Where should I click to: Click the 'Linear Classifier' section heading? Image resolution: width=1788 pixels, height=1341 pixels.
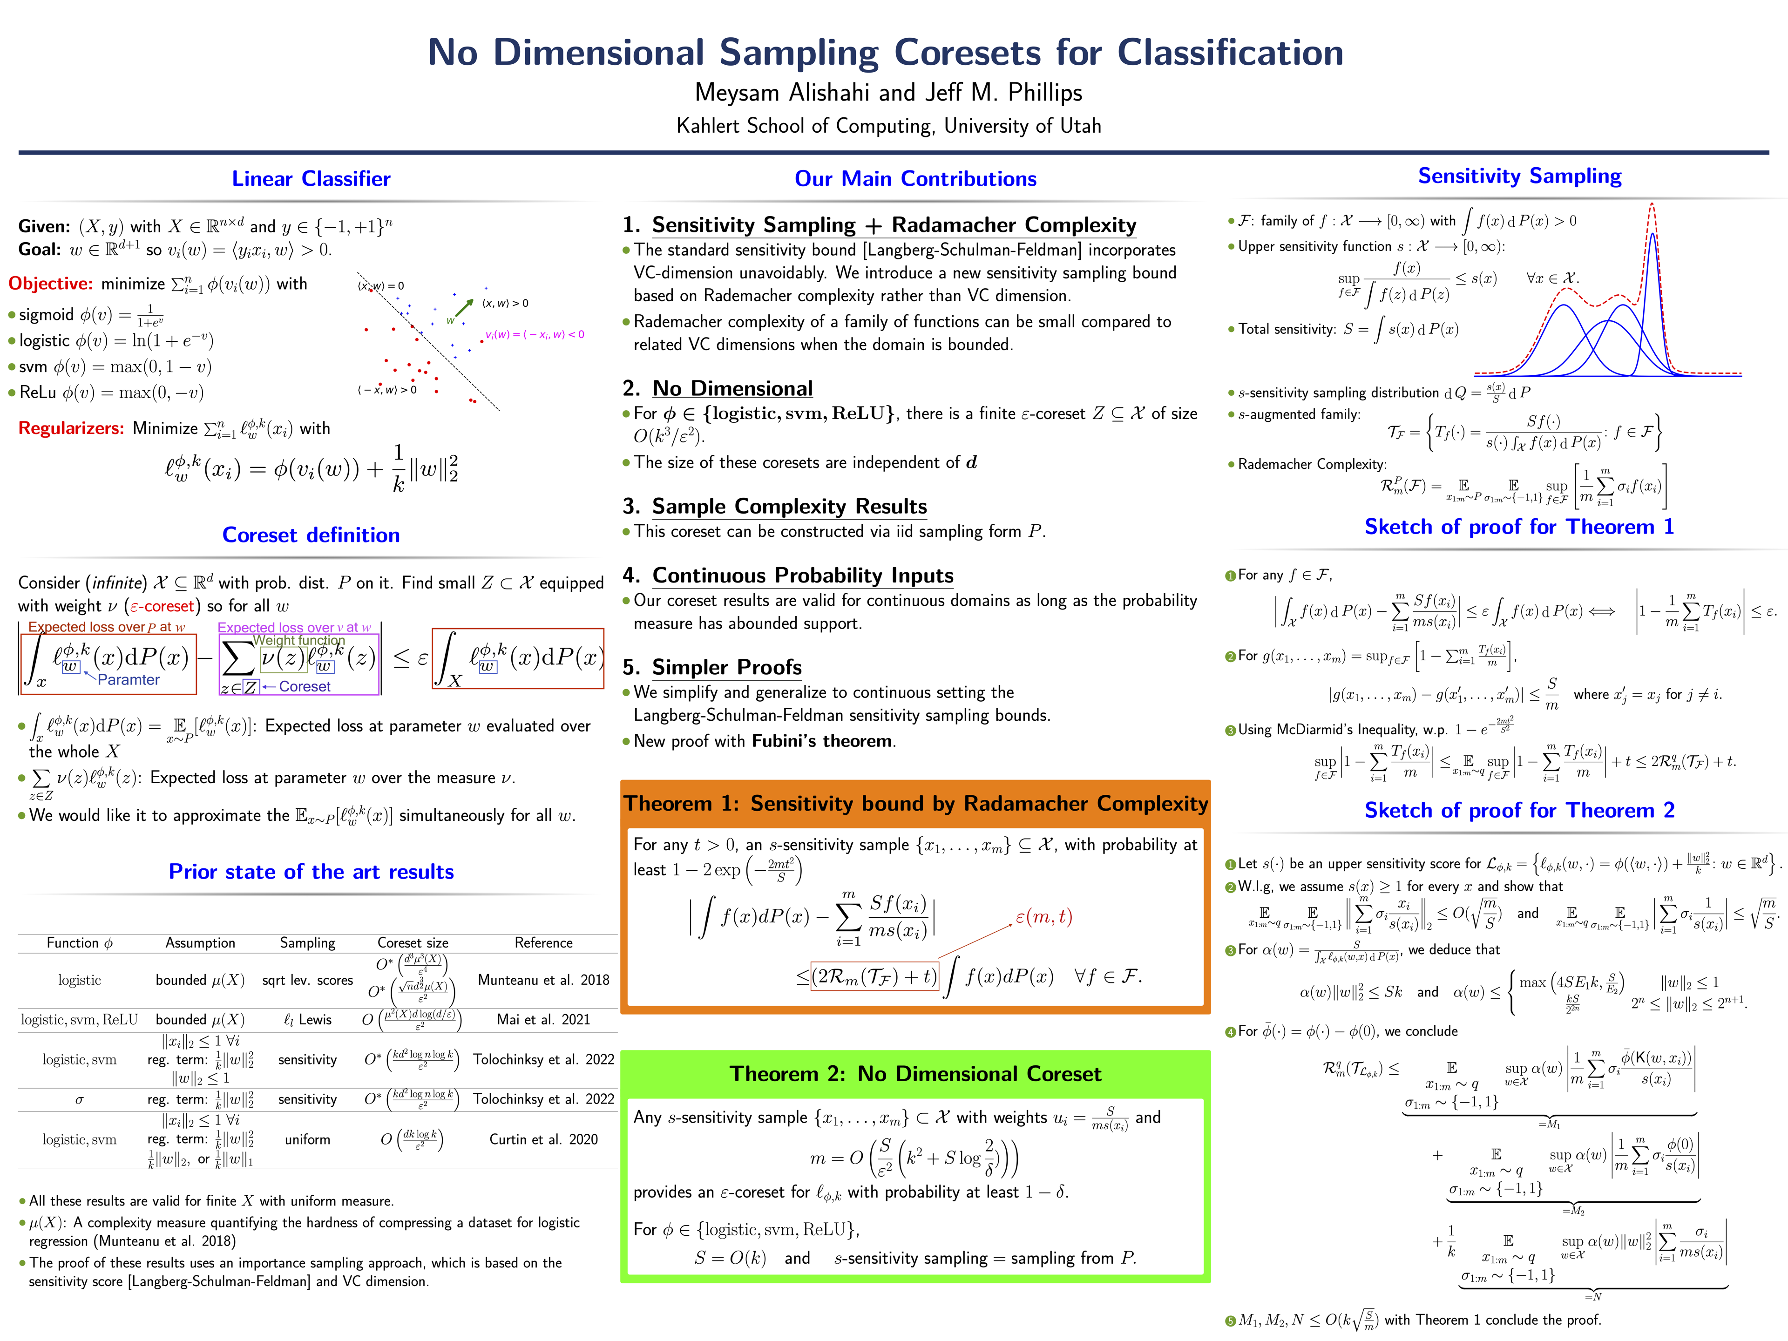point(311,179)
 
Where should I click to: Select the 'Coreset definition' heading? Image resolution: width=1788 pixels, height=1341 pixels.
point(311,535)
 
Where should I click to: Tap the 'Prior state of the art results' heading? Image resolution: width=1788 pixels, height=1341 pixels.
point(311,871)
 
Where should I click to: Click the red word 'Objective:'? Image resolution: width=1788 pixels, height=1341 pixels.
point(50,284)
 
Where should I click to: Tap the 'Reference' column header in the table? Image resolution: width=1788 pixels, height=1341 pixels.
point(543,942)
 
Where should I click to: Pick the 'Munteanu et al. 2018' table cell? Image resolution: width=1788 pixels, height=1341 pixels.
point(543,980)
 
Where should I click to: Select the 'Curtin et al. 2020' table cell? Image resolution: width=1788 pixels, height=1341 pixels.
point(543,1139)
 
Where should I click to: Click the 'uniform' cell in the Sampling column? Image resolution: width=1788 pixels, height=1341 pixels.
point(307,1139)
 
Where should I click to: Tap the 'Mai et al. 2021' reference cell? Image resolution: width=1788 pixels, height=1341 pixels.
point(543,1019)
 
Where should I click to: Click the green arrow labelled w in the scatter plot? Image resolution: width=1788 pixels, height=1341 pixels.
point(463,307)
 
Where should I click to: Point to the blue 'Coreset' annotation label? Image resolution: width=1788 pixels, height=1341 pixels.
point(304,686)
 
